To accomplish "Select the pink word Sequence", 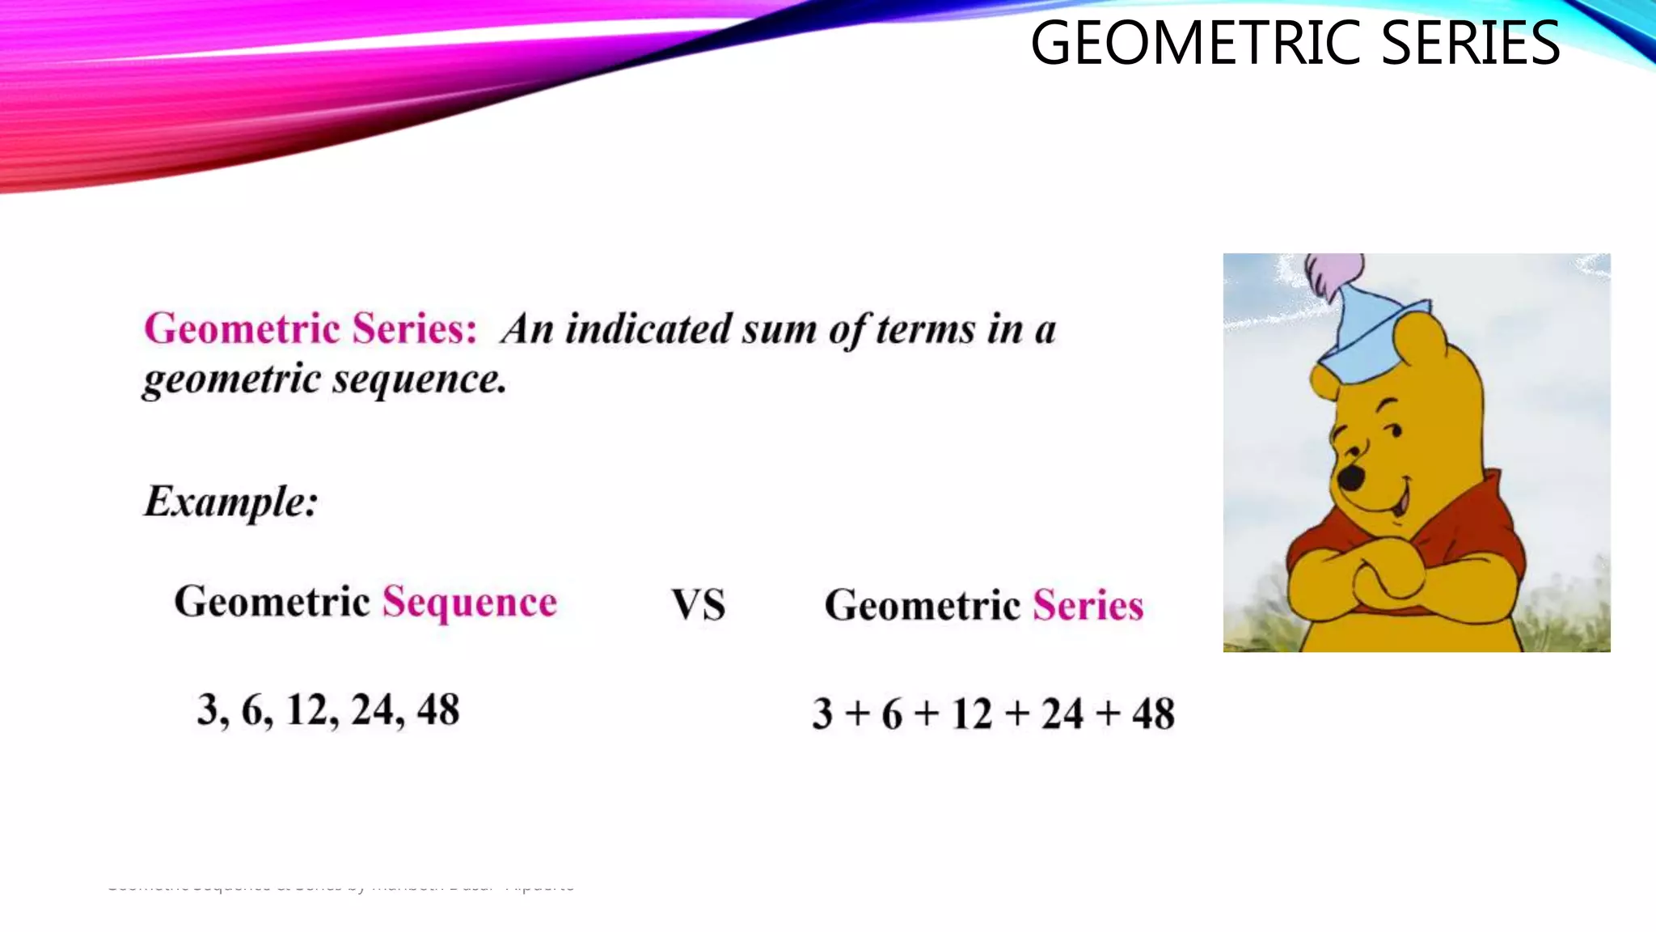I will [x=470, y=603].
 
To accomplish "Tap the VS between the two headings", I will [x=699, y=605].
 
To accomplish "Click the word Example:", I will [x=231, y=501].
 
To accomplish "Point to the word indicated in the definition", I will [x=649, y=329].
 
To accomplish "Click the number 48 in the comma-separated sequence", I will [x=438, y=710].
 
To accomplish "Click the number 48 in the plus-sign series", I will [x=1153, y=714].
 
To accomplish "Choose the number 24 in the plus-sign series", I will [x=1062, y=714].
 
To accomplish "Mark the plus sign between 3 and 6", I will [x=857, y=714].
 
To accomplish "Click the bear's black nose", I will [x=1350, y=477].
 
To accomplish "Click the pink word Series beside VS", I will [x=1088, y=605].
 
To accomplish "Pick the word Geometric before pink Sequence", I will [x=272, y=603].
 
